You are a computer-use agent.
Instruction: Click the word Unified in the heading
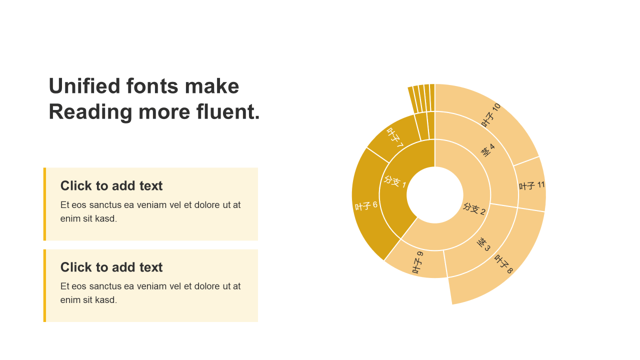coord(84,86)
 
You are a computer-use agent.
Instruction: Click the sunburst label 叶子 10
coord(491,115)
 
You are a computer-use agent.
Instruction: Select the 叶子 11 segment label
coord(531,185)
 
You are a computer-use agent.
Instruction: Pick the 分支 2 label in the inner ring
coord(474,209)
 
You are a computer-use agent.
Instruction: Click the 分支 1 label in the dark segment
coord(395,181)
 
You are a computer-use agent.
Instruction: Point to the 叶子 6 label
coord(366,205)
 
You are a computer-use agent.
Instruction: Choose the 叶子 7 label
coord(395,137)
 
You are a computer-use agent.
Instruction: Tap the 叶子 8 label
coord(503,264)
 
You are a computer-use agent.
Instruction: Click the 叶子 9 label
coord(417,262)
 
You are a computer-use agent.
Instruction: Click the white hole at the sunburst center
coord(434,195)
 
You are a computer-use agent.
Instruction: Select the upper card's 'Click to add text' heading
coord(111,185)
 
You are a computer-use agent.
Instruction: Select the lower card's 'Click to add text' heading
coord(111,267)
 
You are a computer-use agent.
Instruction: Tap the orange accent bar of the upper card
coord(44,204)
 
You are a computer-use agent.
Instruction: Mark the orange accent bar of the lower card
coord(44,285)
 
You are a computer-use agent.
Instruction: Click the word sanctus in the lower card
coord(105,286)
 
